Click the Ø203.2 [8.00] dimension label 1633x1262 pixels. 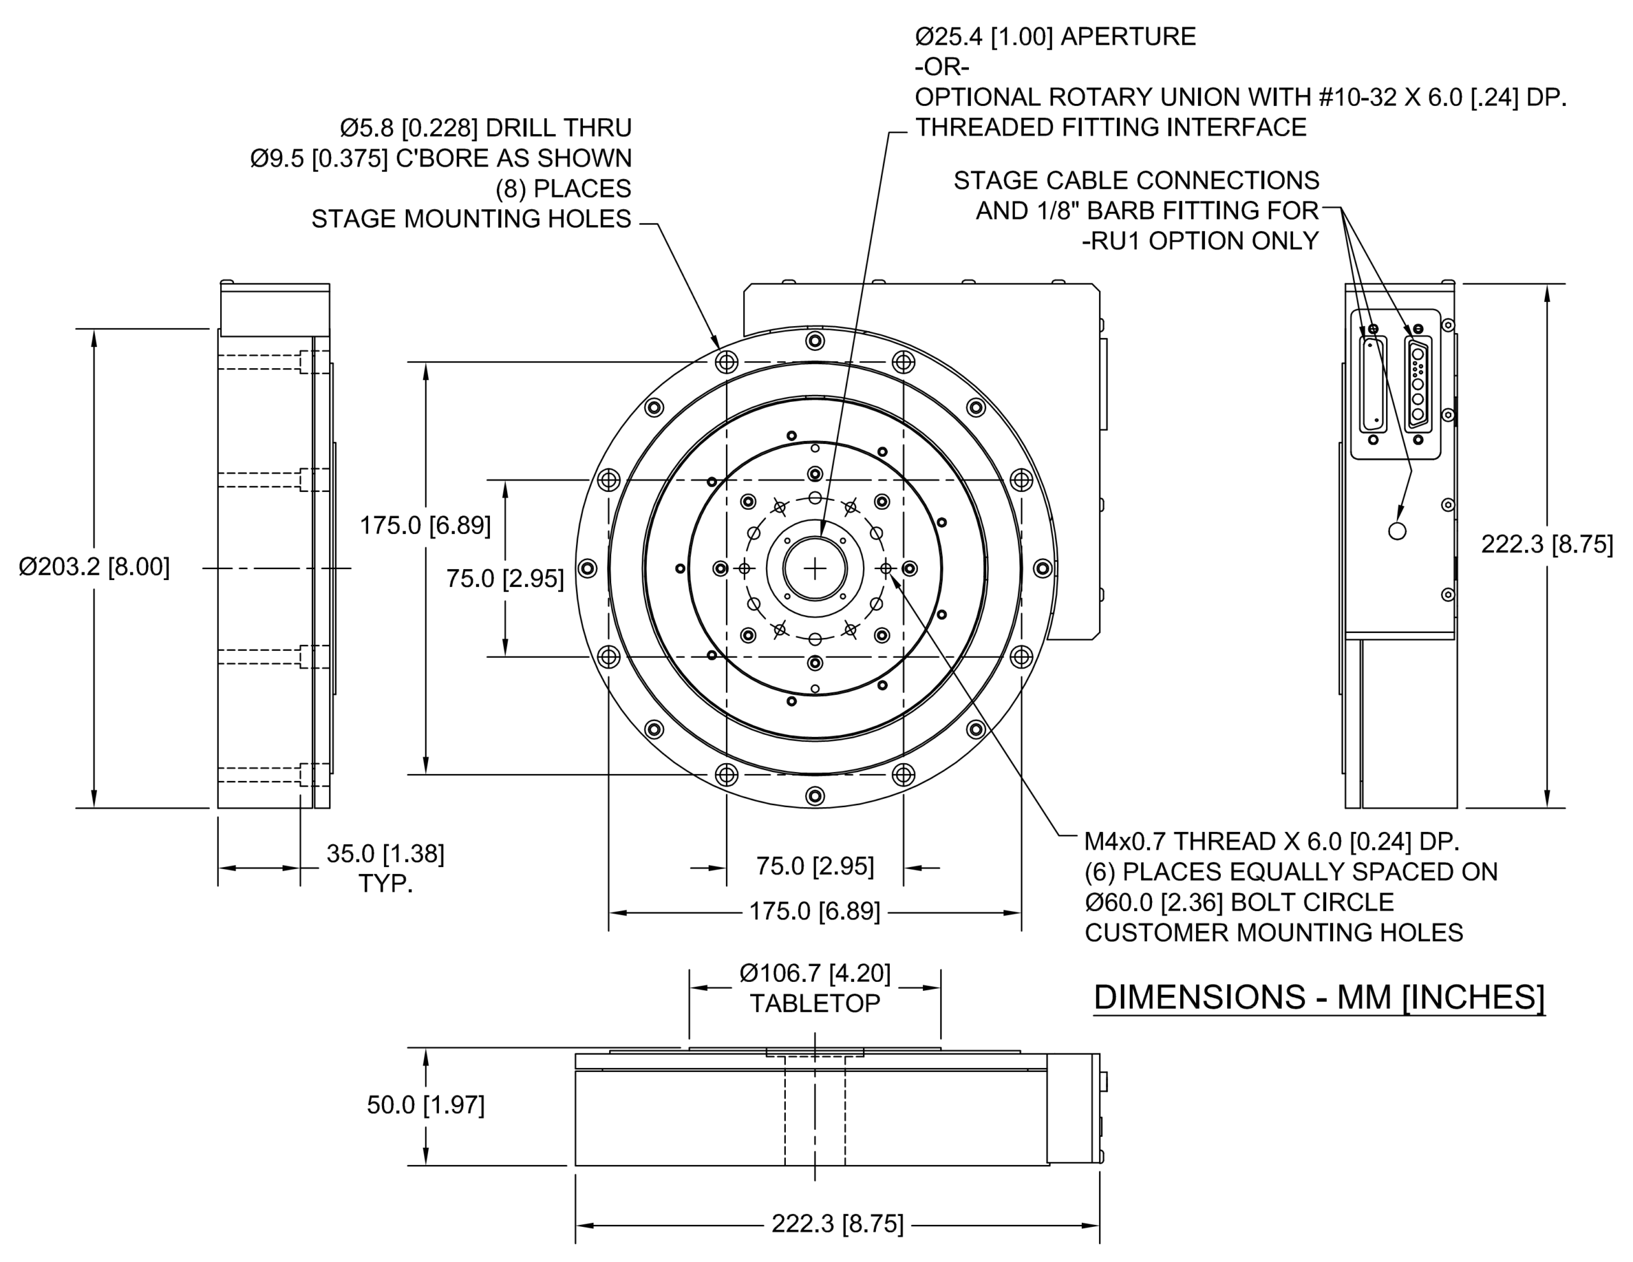tap(94, 567)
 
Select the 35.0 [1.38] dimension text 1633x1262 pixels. tap(385, 854)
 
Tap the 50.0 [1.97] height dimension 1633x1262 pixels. tap(425, 1105)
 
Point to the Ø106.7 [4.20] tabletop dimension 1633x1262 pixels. tap(815, 972)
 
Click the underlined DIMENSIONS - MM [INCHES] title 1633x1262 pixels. tap(1319, 997)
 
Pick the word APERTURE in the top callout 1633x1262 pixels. tap(1128, 36)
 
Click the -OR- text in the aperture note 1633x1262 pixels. tap(942, 68)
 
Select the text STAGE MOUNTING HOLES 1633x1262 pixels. tap(471, 219)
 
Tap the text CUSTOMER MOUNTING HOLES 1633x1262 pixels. tap(1273, 933)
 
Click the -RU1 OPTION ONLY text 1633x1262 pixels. tap(1200, 241)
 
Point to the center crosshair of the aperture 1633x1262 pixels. tap(815, 568)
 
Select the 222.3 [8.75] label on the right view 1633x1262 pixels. tap(1547, 544)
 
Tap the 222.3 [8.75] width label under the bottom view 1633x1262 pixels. tap(838, 1224)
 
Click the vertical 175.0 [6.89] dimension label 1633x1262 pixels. tap(425, 526)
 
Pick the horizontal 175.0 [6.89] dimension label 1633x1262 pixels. tap(815, 911)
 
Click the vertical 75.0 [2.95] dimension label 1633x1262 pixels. tap(505, 578)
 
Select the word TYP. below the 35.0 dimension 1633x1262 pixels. tap(385, 884)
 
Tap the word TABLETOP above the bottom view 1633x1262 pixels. tap(815, 1003)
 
